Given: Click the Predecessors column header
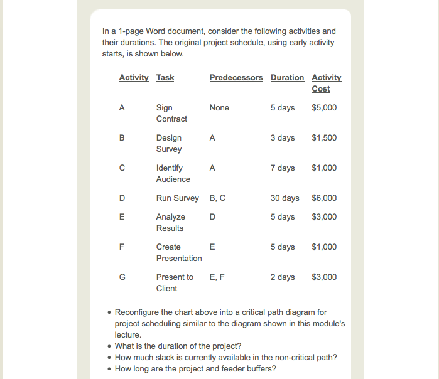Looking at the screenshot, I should (236, 78).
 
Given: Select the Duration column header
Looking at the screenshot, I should (287, 78).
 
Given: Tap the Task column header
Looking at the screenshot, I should (165, 78).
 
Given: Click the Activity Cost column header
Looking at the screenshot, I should (326, 83).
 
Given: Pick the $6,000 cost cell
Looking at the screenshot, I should (324, 198).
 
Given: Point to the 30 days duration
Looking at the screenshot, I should (285, 198).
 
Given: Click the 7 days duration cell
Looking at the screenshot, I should (283, 168).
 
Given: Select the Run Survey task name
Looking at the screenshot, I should (177, 198).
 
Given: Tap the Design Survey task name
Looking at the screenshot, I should (169, 144).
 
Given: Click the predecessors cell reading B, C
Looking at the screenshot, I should (217, 198).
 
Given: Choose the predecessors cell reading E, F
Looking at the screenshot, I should (217, 277).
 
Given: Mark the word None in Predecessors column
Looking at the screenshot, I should (219, 108).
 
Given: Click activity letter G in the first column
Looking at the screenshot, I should (122, 277).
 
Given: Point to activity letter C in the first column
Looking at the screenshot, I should (122, 168).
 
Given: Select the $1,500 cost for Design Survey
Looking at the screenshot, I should (324, 138).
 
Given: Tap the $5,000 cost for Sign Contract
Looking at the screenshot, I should (324, 108).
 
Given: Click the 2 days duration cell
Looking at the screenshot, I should (283, 277).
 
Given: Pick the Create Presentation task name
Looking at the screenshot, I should (179, 253).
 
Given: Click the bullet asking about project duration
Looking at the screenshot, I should (178, 346).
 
